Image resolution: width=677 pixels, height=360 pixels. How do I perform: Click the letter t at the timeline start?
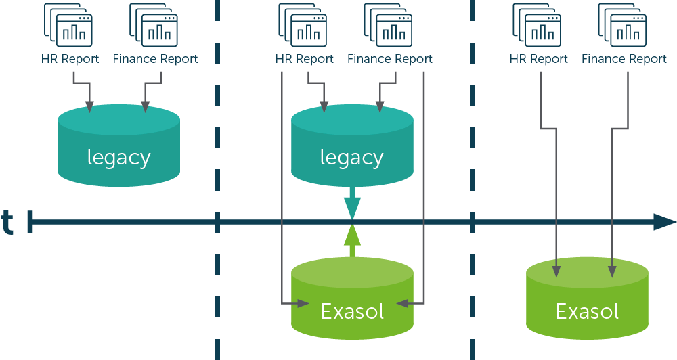coord(7,222)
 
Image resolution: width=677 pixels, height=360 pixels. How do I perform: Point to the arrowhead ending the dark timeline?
coord(665,222)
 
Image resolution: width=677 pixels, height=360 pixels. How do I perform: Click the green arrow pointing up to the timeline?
coord(352,239)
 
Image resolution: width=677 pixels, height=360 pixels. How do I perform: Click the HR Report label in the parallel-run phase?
coord(305,59)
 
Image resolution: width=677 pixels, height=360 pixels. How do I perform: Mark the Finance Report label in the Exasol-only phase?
coord(624,59)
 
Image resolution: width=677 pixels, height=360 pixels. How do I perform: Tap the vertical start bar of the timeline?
coord(30,222)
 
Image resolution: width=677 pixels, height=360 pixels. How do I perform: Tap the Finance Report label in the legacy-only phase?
coord(156,59)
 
